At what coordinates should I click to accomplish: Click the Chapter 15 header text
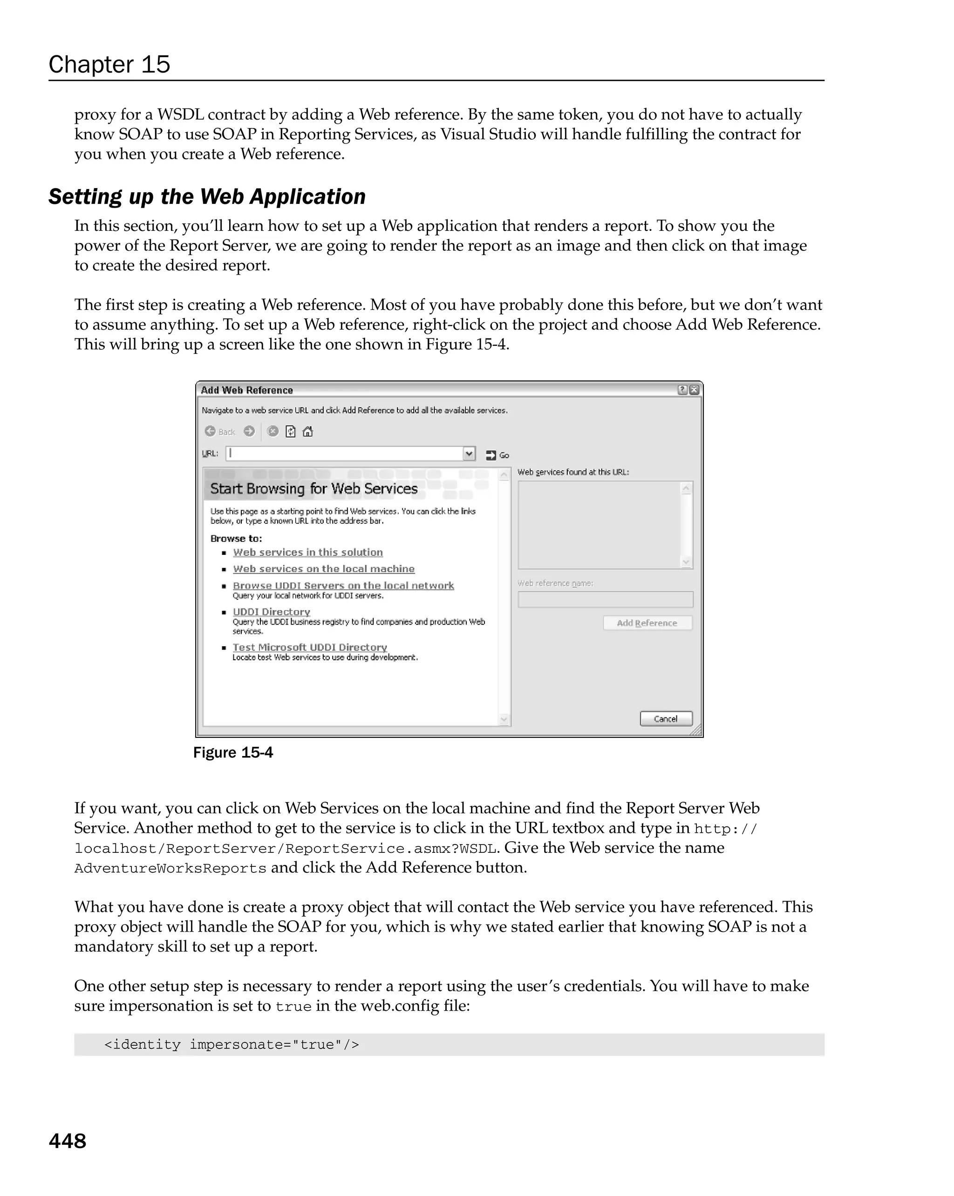[109, 64]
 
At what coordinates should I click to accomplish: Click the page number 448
[68, 1141]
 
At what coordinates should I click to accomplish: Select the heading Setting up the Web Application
[206, 196]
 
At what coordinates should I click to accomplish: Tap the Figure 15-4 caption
[232, 752]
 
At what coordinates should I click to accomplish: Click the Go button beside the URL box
[497, 455]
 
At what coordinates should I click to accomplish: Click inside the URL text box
[344, 453]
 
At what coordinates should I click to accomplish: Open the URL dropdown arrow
[469, 453]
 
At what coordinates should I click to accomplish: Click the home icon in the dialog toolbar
[308, 431]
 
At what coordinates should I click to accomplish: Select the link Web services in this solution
[307, 552]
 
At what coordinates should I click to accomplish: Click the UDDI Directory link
[272, 611]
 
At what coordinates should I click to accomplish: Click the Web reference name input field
[605, 599]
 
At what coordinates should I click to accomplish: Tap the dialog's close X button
[694, 390]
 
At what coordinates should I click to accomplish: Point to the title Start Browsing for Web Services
[313, 489]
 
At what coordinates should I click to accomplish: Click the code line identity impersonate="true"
[232, 1045]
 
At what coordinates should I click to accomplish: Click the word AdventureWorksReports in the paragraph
[170, 868]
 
